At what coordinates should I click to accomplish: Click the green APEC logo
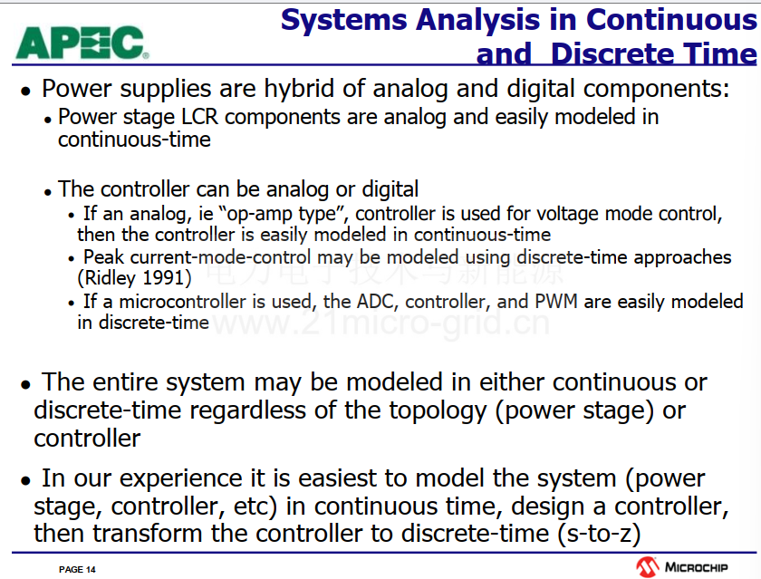pos(82,43)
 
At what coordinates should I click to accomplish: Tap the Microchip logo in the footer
pos(682,567)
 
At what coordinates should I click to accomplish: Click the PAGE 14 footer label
pos(77,569)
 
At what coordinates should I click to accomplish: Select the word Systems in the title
pos(344,20)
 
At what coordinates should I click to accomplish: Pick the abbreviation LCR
pos(199,117)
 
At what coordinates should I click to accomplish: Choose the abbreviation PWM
pos(556,302)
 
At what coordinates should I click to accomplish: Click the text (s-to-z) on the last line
pos(599,534)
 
